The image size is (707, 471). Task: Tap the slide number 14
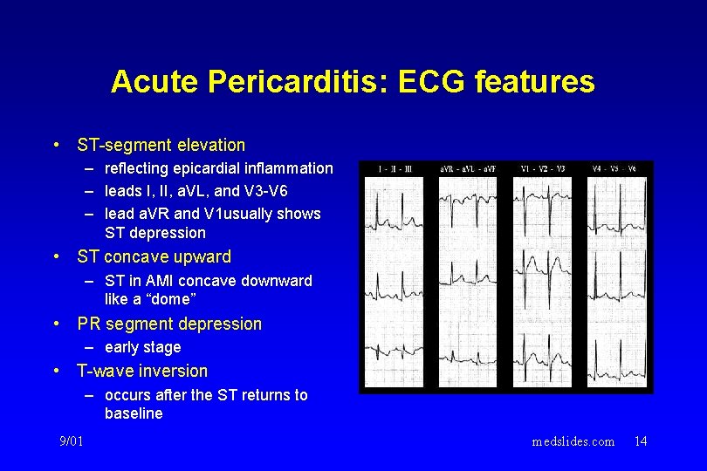641,441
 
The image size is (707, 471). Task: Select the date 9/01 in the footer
72,441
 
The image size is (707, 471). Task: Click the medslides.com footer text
573,441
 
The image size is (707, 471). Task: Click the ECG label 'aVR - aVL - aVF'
467,168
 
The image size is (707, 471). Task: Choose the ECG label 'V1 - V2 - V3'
543,168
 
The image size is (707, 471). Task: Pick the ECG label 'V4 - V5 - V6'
616,168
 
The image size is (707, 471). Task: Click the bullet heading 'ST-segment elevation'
161,145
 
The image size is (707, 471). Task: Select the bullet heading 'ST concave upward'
154,257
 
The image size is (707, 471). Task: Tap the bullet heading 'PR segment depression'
169,324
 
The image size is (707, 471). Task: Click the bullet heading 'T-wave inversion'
142,371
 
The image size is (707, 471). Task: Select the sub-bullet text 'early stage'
142,347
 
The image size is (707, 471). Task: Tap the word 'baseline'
134,413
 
